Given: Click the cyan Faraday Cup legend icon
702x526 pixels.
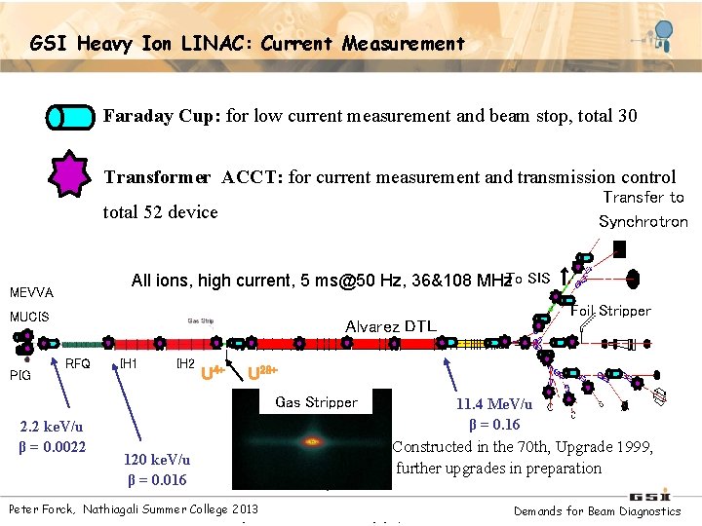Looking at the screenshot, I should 72,118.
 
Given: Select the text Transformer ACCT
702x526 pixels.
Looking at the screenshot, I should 194,177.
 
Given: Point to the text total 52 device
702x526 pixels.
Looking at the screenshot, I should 160,212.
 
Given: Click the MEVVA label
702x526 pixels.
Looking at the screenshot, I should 31,292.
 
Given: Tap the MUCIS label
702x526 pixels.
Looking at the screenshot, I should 29,317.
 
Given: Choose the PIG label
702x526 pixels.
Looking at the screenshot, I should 19,375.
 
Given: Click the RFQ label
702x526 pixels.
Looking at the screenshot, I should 77,364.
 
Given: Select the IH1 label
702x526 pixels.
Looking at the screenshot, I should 128,364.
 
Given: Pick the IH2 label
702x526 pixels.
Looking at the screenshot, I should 183,364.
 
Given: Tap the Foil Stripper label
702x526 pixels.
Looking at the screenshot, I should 610,311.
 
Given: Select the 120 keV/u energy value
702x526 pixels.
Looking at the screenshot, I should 157,460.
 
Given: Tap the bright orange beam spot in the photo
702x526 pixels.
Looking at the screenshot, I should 313,441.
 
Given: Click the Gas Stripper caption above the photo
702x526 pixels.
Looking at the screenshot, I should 316,401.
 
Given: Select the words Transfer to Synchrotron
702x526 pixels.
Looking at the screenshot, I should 643,208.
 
